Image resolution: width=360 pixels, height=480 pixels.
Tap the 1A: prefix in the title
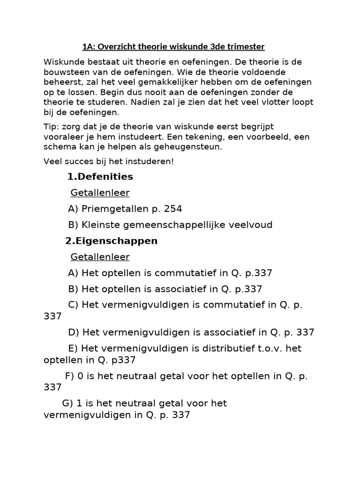point(89,46)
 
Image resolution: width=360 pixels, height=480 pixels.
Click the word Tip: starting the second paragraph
point(52,127)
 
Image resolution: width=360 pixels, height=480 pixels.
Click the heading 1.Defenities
point(100,177)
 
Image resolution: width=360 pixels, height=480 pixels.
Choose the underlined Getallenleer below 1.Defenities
point(100,193)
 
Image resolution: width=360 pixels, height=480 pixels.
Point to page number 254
point(172,209)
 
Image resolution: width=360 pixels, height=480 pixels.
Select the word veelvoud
point(252,225)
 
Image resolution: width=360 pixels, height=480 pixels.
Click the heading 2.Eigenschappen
point(111,241)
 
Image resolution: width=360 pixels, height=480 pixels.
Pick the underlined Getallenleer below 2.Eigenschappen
point(100,257)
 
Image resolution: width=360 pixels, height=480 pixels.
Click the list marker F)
point(70,375)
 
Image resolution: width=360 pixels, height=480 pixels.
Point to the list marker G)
point(67,403)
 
